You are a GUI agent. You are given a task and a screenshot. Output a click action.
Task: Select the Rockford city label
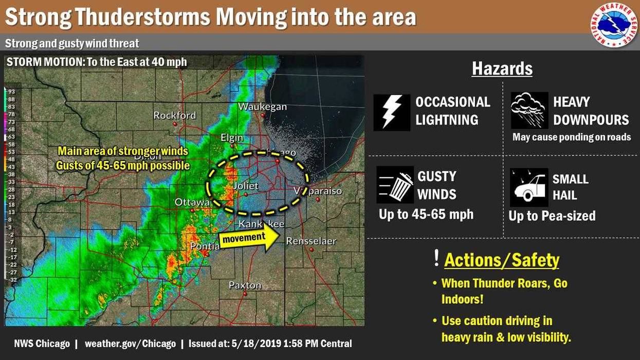[174, 115]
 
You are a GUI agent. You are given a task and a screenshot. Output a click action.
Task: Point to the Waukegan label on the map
[262, 106]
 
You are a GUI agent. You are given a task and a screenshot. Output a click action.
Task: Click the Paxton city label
[245, 285]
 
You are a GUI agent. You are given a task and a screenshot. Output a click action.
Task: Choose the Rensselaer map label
[311, 241]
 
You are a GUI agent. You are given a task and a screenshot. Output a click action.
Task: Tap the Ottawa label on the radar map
[192, 202]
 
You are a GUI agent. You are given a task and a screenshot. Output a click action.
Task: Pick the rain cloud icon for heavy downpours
[529, 111]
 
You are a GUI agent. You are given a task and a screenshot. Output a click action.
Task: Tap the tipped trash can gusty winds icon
[395, 185]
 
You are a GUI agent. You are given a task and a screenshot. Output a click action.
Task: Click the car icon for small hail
[528, 187]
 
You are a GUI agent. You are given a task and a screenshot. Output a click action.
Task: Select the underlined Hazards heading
[502, 68]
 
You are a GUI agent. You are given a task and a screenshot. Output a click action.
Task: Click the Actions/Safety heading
[501, 260]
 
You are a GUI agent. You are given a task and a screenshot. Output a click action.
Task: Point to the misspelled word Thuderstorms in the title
[143, 17]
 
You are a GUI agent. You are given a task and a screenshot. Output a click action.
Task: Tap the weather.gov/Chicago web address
[130, 344]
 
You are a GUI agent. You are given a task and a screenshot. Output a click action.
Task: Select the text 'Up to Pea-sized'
[552, 216]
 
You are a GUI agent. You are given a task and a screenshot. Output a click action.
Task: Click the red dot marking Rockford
[175, 124]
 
